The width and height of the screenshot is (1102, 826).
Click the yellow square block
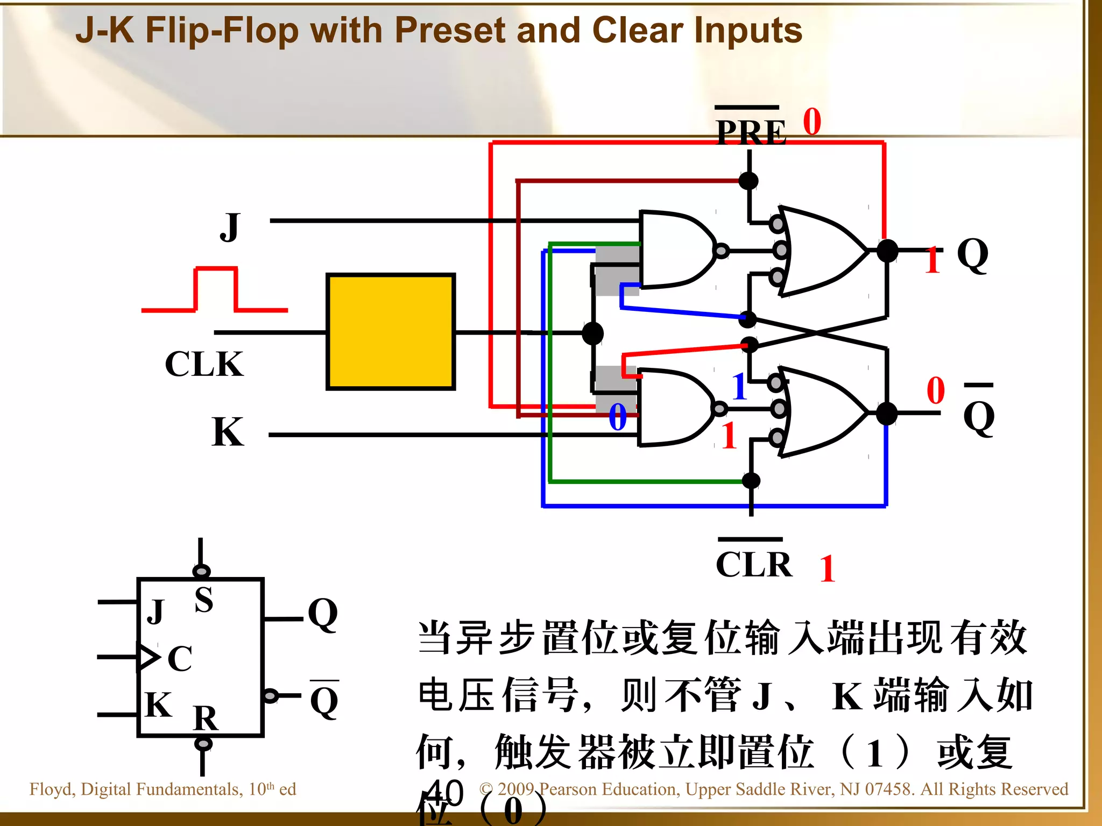[391, 332]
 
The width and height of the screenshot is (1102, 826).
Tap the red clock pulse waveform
[215, 290]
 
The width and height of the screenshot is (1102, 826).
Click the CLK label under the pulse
[204, 364]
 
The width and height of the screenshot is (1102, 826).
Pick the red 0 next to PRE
[812, 122]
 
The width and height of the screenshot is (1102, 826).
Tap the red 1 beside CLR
[827, 569]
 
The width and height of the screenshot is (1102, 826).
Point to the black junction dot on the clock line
[592, 333]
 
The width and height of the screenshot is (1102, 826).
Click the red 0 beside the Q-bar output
[936, 390]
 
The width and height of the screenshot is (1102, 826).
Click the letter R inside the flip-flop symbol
[206, 718]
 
